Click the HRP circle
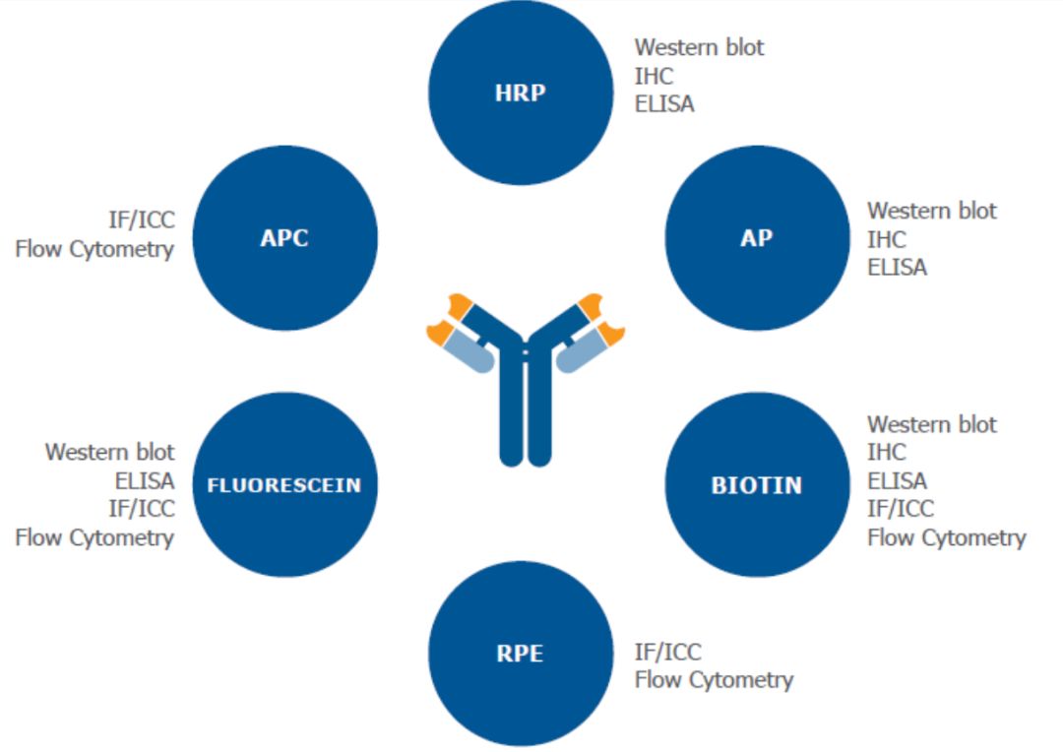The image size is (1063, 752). click(521, 94)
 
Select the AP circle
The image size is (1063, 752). click(756, 237)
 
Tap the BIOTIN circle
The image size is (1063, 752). click(756, 484)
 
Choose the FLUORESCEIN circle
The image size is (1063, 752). click(284, 484)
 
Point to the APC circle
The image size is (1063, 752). click(284, 237)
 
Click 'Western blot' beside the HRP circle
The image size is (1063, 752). click(699, 46)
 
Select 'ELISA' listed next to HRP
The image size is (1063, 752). click(664, 103)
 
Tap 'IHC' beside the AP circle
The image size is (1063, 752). click(887, 239)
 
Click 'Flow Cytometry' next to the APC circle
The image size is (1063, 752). click(94, 249)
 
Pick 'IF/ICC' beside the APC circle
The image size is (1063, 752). click(142, 220)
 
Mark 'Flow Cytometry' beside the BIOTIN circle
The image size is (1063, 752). click(946, 537)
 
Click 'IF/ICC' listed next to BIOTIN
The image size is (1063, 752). click(901, 509)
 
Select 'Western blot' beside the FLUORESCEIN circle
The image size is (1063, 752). click(109, 452)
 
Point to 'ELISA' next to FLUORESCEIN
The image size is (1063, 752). click(144, 480)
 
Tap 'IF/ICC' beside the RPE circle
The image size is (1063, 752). click(668, 652)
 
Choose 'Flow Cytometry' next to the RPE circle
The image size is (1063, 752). click(714, 679)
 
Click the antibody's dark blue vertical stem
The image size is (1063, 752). click(526, 413)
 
